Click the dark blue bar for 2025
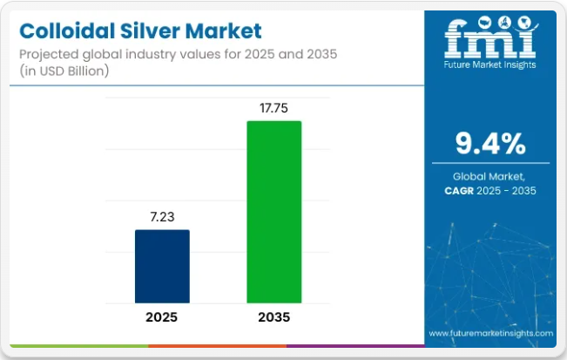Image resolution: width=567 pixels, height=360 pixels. (162, 267)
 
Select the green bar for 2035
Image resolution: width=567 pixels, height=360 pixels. (273, 213)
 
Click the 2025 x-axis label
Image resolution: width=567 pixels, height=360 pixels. (162, 317)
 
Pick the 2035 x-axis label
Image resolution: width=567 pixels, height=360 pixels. (273, 317)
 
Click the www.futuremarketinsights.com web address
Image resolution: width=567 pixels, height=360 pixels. (490, 333)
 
